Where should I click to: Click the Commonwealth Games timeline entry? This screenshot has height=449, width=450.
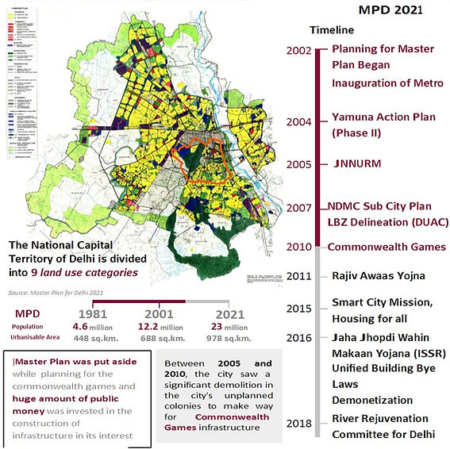(387, 247)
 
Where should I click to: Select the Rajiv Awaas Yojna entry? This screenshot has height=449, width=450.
(379, 276)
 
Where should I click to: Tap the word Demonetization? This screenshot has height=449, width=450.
(372, 399)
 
